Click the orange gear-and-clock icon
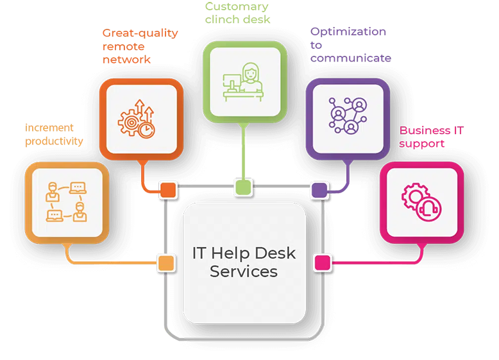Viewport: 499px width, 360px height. point(137,119)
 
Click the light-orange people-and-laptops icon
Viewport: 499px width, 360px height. point(65,201)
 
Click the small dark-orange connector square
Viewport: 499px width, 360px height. point(167,189)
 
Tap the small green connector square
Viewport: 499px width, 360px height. point(243,187)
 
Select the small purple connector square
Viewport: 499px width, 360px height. point(319,189)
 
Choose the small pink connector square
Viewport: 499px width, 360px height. point(322,262)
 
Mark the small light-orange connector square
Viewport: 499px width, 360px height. point(165,262)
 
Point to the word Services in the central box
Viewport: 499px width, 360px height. point(244,271)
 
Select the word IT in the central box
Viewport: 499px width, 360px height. point(199,253)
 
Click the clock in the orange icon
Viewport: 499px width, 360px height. point(147,129)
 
